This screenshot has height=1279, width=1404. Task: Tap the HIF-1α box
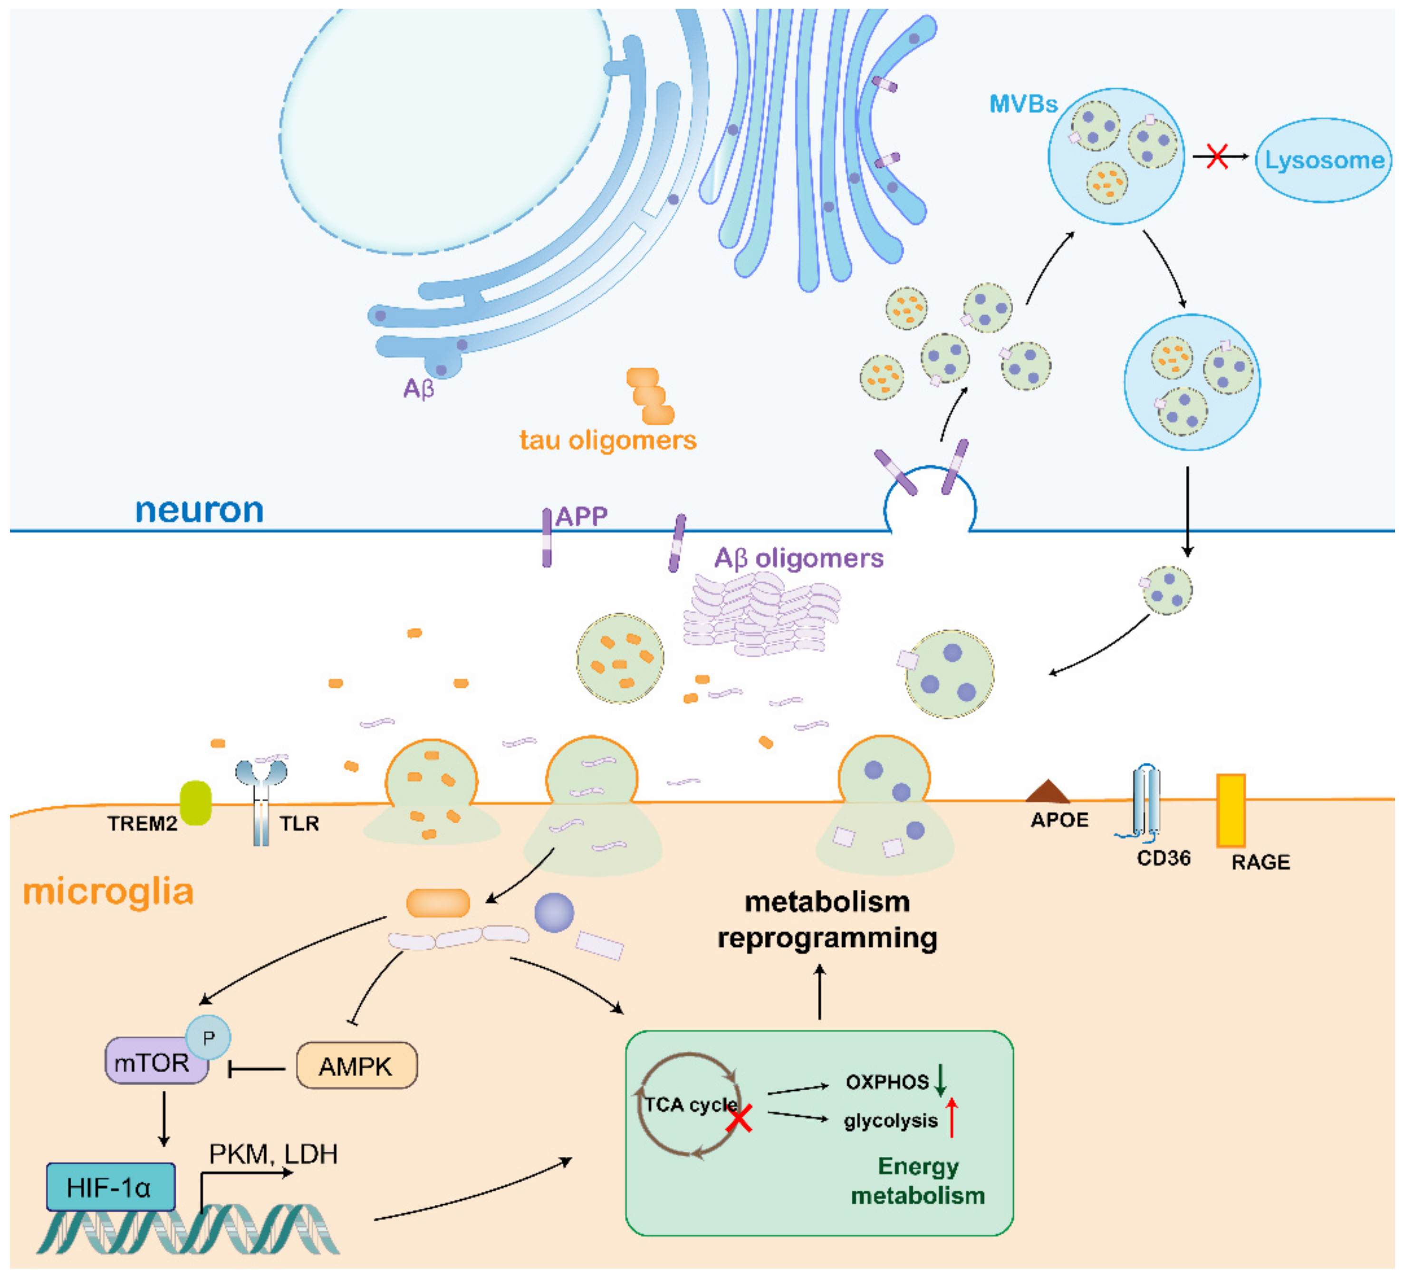point(110,1188)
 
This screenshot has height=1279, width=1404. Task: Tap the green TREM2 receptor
point(196,803)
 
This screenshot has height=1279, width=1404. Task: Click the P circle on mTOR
point(208,1038)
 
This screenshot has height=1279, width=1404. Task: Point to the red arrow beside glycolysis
point(952,1117)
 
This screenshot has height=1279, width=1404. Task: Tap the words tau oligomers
point(608,441)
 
